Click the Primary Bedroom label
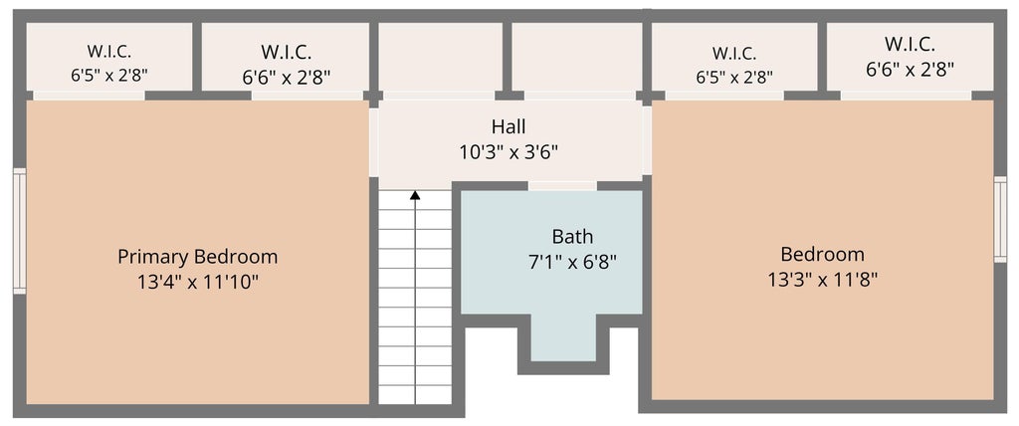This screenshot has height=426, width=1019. (198, 257)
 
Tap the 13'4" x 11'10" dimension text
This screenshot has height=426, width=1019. (198, 283)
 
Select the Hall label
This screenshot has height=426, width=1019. (509, 126)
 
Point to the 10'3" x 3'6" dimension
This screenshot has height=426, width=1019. (509, 152)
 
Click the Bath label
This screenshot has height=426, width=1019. (572, 236)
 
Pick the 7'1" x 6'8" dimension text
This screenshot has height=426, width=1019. (572, 262)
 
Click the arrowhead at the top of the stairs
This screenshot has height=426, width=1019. (415, 194)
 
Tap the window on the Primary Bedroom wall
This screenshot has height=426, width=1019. (20, 231)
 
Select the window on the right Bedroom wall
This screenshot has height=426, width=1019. (1000, 219)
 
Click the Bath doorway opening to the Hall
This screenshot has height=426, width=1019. (562, 186)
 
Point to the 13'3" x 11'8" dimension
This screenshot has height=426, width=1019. (823, 280)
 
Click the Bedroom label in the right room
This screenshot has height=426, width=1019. (823, 254)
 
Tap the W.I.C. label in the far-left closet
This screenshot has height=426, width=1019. (109, 52)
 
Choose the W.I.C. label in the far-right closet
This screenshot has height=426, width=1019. (910, 44)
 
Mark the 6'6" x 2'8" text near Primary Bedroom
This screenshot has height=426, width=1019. (287, 78)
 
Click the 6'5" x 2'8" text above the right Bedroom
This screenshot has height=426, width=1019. (734, 78)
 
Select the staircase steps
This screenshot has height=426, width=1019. (415, 297)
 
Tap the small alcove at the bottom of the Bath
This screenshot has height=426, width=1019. (563, 337)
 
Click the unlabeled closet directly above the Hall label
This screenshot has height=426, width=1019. (576, 58)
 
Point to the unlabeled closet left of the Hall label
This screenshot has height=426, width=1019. (441, 58)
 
